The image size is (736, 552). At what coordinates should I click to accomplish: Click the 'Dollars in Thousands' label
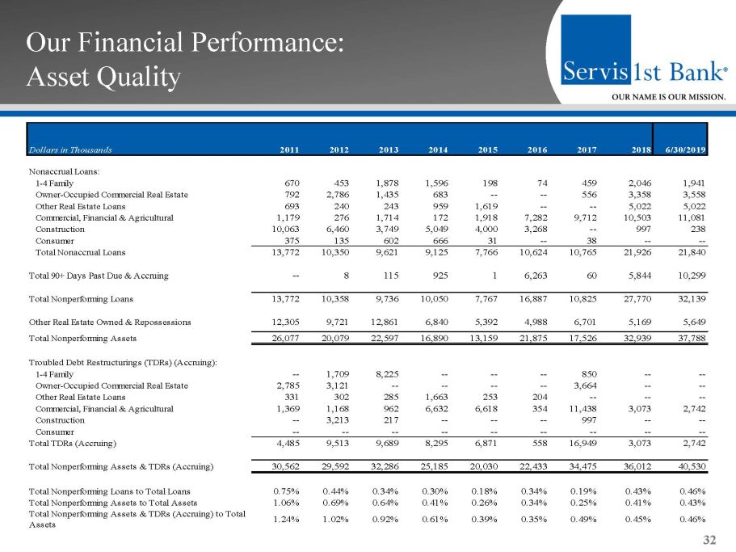click(x=70, y=150)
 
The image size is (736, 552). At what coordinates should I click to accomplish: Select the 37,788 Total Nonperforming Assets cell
click(x=691, y=338)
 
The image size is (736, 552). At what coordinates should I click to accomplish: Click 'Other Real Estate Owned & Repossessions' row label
click(x=110, y=322)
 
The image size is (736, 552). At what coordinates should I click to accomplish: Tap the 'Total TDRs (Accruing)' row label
click(x=73, y=443)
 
